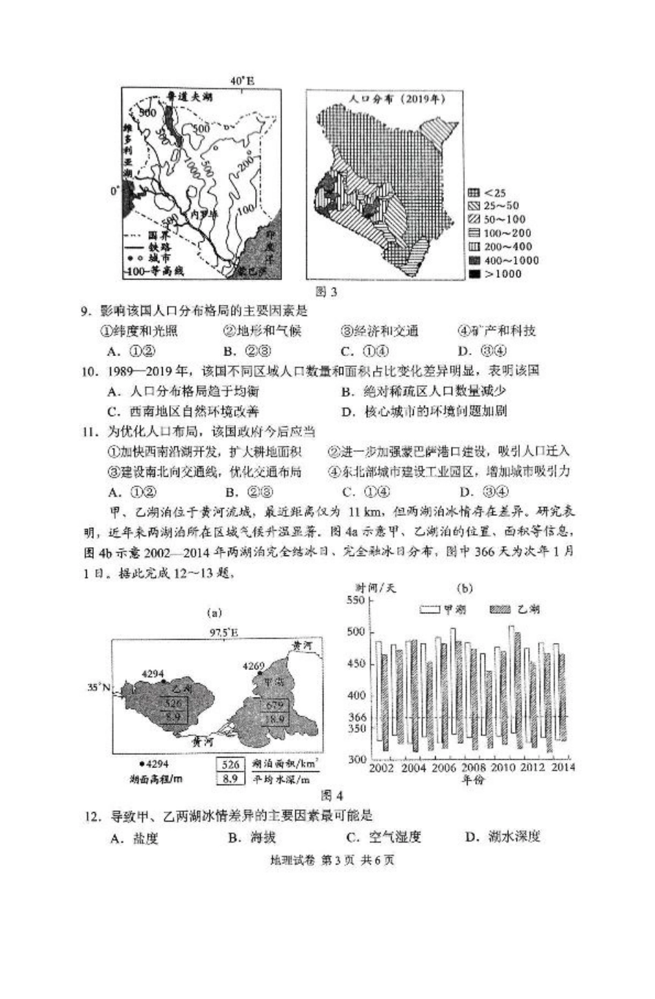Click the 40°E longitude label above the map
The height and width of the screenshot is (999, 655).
pos(243,81)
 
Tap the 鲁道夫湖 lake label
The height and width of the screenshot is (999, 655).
pos(185,99)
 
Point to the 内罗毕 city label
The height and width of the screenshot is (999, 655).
pos(204,215)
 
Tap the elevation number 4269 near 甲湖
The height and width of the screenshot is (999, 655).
pos(254,666)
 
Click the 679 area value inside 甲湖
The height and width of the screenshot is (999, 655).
pos(274,705)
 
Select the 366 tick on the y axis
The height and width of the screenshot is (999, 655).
pos(358,718)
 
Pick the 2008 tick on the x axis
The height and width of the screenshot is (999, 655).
pos(474,767)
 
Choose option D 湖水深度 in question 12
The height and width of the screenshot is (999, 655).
pos(503,837)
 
